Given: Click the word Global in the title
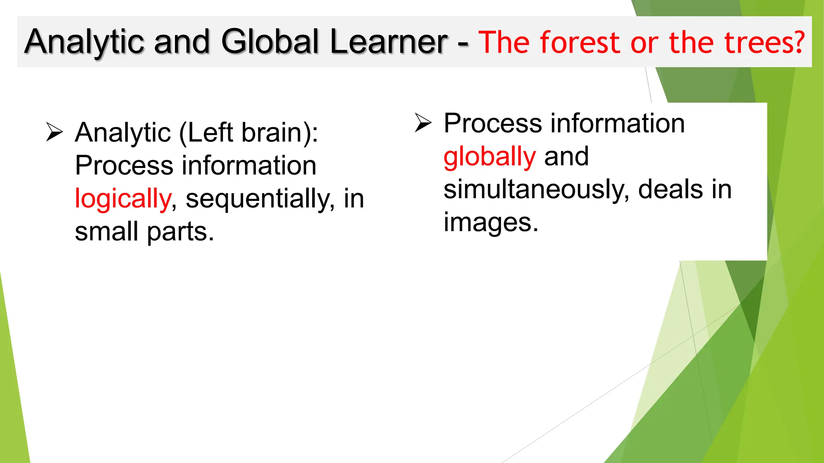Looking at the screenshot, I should click(270, 42).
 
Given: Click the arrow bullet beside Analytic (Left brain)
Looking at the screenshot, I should click(54, 132).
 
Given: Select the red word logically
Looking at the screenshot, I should click(123, 199).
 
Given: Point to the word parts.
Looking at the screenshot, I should click(180, 232).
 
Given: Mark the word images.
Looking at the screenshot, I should click(490, 223).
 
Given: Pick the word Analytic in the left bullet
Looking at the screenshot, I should click(123, 133).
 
